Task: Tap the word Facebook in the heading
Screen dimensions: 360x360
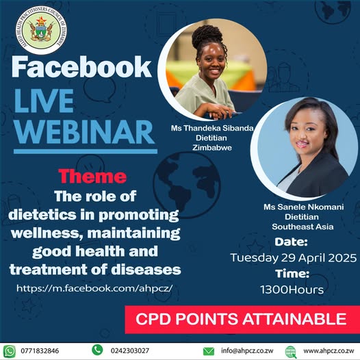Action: [81, 66]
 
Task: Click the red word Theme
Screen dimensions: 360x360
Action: [92, 177]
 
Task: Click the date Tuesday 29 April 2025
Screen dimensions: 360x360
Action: [294, 258]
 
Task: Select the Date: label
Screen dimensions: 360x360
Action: [293, 242]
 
